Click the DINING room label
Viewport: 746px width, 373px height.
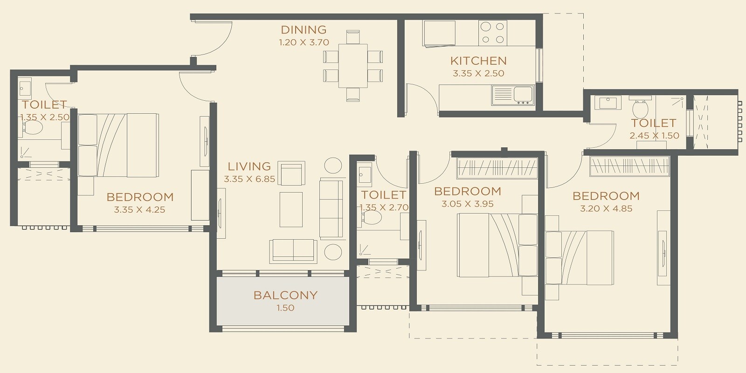tap(304, 30)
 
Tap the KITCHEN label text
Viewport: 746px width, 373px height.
tap(478, 61)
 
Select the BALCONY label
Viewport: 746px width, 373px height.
tap(285, 295)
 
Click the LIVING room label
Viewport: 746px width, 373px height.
tap(249, 166)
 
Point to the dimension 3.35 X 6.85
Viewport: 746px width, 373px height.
tap(249, 179)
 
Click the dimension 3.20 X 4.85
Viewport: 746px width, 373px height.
tap(606, 208)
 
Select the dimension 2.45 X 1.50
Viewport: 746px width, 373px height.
tap(654, 136)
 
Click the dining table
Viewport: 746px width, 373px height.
tap(353, 65)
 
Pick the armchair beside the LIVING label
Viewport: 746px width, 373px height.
tap(291, 173)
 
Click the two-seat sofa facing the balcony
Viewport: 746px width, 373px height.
tap(293, 250)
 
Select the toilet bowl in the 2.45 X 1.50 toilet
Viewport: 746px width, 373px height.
tap(640, 109)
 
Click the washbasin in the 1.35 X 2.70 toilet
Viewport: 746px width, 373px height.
tap(364, 174)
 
